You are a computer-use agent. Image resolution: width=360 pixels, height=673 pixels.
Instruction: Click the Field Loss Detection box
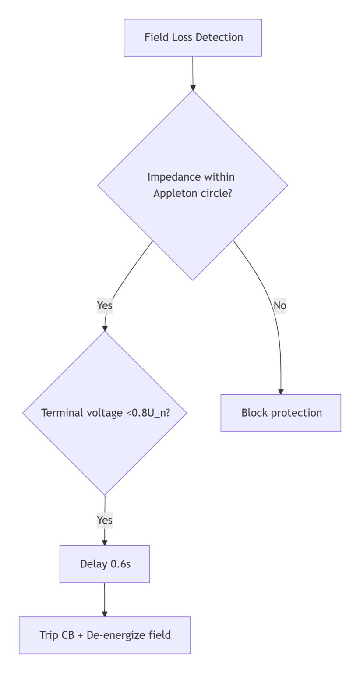click(x=193, y=38)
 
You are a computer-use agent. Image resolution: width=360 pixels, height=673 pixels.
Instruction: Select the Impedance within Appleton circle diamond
click(x=193, y=185)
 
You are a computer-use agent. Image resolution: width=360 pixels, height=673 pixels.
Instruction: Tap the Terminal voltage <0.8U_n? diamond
click(x=105, y=413)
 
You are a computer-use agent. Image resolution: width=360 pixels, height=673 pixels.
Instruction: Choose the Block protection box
click(x=281, y=413)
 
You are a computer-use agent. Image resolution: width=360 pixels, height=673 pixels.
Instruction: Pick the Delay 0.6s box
click(x=105, y=564)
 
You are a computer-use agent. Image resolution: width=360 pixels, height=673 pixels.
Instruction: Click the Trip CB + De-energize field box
click(x=105, y=635)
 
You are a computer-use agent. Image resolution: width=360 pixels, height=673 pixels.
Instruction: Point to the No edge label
click(x=280, y=305)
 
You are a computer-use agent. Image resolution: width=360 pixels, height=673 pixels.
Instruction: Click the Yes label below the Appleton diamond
click(x=105, y=305)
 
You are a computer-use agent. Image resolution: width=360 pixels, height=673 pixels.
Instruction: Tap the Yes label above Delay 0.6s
click(x=105, y=520)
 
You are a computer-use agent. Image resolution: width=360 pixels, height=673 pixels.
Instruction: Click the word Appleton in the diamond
click(x=174, y=193)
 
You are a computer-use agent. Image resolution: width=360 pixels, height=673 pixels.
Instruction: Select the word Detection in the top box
click(x=219, y=38)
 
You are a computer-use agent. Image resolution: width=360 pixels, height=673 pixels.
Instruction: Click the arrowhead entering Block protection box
click(x=281, y=391)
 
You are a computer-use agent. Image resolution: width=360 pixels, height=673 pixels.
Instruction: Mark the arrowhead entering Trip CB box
click(x=105, y=613)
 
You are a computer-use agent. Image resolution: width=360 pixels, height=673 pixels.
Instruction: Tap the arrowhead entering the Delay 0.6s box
click(x=105, y=542)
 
